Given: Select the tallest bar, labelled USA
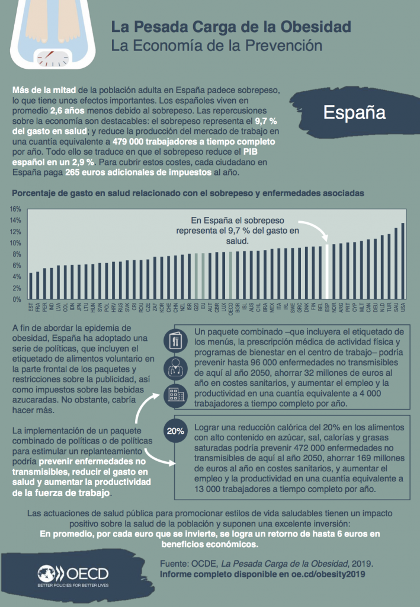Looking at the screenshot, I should pos(403,261).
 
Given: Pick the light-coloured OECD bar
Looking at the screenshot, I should pos(230,276).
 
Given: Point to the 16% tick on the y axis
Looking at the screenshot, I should pos(16,209).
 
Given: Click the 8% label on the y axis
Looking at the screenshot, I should pos(16,254).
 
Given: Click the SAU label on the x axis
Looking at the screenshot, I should pos(396,308).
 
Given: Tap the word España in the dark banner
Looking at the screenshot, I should pos(354,113).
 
